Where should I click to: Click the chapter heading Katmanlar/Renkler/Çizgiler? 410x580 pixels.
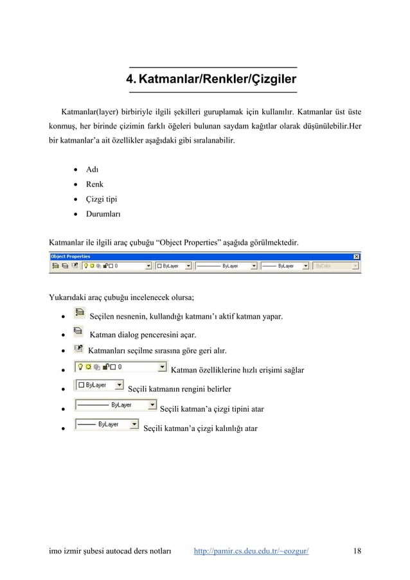(x=212, y=80)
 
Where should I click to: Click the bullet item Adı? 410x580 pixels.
(x=93, y=170)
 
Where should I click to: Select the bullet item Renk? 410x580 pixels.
(x=94, y=184)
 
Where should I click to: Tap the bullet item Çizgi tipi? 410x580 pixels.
(x=102, y=198)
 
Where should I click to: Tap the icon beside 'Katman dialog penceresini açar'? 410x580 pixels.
(x=78, y=331)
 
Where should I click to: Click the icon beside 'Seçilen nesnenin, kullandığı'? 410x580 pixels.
(x=79, y=313)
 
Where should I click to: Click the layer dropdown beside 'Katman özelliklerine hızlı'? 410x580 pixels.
(x=120, y=367)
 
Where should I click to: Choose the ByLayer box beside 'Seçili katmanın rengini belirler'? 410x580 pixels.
(x=100, y=385)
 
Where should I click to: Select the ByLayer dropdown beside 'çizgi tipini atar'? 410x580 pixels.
(x=116, y=405)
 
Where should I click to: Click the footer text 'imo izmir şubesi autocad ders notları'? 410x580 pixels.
(x=110, y=551)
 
